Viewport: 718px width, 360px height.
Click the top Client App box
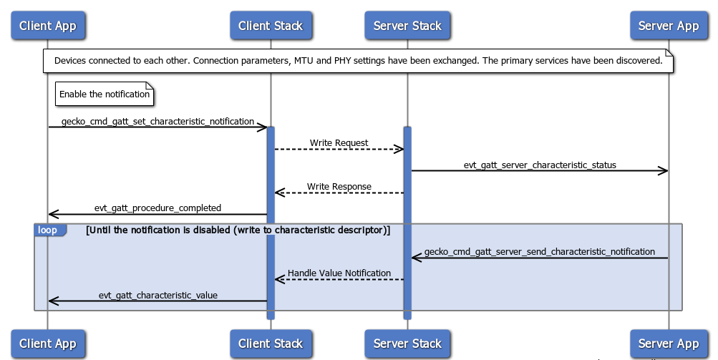tap(47, 26)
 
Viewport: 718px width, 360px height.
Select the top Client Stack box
tap(271, 26)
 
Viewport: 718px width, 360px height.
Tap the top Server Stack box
tap(407, 26)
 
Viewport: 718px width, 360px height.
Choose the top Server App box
tap(668, 26)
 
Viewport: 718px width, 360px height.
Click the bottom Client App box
tap(47, 344)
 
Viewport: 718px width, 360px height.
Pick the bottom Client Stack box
tap(271, 344)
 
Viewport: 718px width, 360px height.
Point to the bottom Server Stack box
tap(407, 344)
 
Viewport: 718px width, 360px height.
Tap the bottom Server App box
tap(668, 344)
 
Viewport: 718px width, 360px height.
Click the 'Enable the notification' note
tap(105, 94)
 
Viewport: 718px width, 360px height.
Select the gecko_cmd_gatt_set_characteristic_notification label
tap(157, 121)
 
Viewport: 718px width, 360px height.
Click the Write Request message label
tap(339, 143)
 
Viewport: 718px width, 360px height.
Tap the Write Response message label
tap(339, 186)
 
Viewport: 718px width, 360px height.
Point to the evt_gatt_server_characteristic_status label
tap(539, 165)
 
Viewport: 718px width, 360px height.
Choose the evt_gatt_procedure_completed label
tap(157, 208)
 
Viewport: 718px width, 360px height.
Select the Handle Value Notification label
tap(339, 273)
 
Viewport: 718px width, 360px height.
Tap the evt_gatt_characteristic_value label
tap(157, 295)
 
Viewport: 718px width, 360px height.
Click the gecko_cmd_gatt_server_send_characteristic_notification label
tap(539, 252)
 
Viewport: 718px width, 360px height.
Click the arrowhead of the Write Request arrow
tap(399, 149)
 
